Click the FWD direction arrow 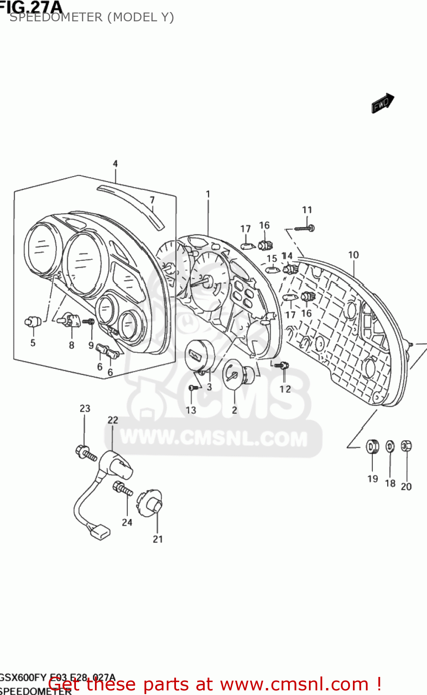click(x=382, y=103)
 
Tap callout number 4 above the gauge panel click(x=115, y=164)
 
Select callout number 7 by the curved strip click(x=152, y=200)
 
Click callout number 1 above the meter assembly click(x=208, y=194)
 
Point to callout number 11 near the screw click(x=307, y=210)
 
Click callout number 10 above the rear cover click(x=353, y=255)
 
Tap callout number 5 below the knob click(x=33, y=343)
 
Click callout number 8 click(x=72, y=345)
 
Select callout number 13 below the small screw click(x=191, y=410)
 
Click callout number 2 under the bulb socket click(x=234, y=410)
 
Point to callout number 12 click(x=285, y=389)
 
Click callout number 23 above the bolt click(x=85, y=409)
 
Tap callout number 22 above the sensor click(x=113, y=420)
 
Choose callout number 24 click(x=127, y=522)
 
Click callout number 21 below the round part click(x=158, y=539)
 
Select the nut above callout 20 click(x=406, y=446)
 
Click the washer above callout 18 click(x=390, y=447)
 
